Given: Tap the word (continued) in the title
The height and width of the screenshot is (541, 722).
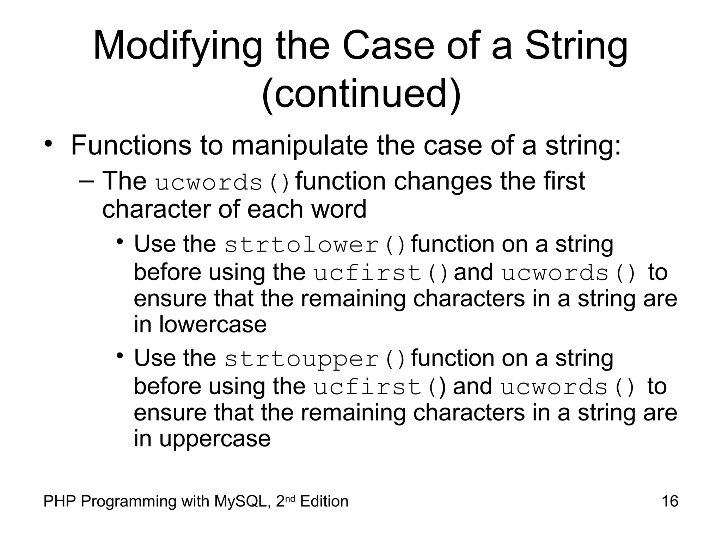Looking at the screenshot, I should [x=361, y=94].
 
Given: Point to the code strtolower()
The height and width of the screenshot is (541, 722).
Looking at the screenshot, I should [x=315, y=245].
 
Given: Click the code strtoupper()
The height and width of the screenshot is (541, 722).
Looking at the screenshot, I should [x=315, y=359].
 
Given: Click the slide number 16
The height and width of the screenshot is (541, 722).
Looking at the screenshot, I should [x=669, y=501].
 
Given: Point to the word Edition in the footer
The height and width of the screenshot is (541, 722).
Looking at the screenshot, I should [x=324, y=501].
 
